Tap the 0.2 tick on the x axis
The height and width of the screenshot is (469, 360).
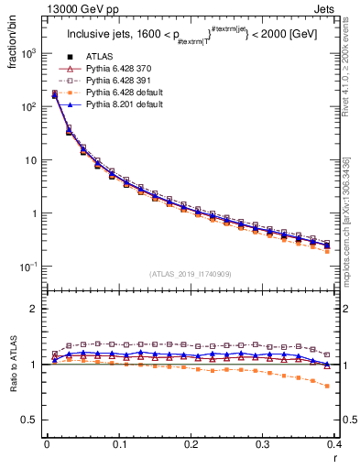[191, 443]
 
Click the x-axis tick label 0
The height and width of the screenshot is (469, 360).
[47, 443]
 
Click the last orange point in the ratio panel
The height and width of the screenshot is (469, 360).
[327, 386]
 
